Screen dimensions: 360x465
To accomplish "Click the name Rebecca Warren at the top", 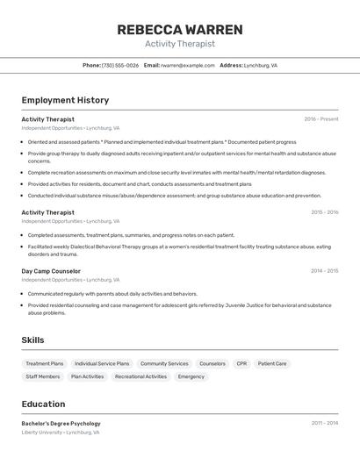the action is pos(179,30).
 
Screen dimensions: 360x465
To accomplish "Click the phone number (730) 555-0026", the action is pos(120,66).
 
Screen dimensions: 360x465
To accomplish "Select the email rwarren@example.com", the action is pos(188,66).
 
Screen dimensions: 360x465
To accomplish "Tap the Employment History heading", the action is pos(65,101).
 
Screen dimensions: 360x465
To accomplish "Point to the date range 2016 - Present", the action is pos(321,119).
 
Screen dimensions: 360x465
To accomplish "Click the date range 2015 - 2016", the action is pos(324,212).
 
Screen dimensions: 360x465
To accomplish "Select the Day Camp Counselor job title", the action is pos(51,271).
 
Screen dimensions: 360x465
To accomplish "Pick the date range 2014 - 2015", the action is pos(324,271).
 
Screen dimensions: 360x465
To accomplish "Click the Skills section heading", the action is pos(32,340).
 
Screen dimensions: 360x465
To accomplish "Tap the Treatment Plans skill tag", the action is pos(45,363).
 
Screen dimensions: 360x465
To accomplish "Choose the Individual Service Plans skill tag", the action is pos(102,363).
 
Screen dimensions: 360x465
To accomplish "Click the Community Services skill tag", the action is pos(164,363).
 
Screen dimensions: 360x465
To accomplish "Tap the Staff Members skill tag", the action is pos(43,376).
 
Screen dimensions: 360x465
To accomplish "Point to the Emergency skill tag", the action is pos(191,376).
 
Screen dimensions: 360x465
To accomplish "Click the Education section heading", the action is pos(43,404).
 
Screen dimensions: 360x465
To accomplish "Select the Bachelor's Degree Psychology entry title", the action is pos(61,424).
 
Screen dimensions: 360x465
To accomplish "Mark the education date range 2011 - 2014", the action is pos(324,423).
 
